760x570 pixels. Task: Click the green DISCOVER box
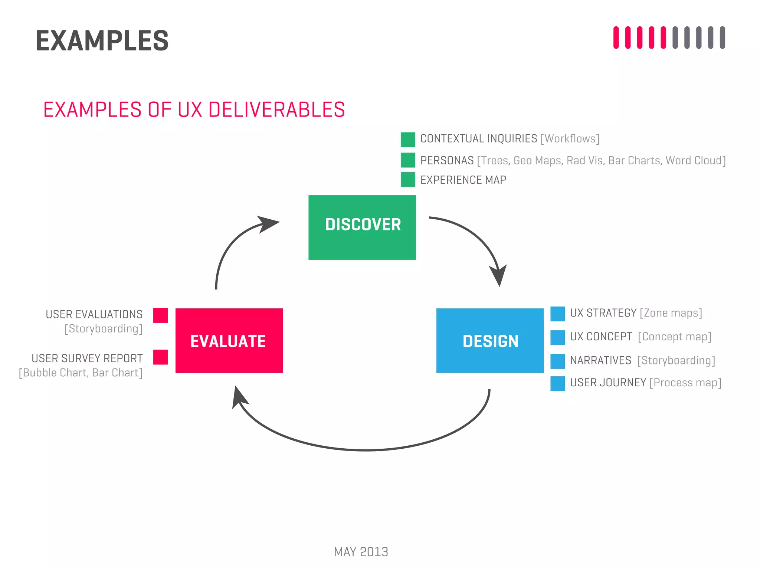[x=362, y=227]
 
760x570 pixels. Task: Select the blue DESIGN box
[x=489, y=340]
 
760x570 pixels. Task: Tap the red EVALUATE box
[x=229, y=340]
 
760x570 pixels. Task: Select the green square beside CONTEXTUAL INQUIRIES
[x=407, y=140]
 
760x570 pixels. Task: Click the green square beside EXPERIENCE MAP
[x=407, y=180]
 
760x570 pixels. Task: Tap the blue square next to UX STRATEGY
[x=557, y=314]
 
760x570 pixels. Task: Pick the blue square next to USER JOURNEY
[x=557, y=383]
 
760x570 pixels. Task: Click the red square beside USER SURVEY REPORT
[x=160, y=357]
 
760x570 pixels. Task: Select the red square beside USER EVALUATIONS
[x=160, y=315]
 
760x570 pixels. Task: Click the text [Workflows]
[x=570, y=139]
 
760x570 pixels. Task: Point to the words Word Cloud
[x=693, y=160]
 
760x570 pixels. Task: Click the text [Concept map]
[x=674, y=337]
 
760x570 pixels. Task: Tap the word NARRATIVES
[x=600, y=360]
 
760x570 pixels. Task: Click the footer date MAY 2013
[x=361, y=552]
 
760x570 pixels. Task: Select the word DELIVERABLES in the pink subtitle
[x=276, y=110]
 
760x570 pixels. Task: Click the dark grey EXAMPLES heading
[x=102, y=41]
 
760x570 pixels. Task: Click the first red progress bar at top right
[x=616, y=37]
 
